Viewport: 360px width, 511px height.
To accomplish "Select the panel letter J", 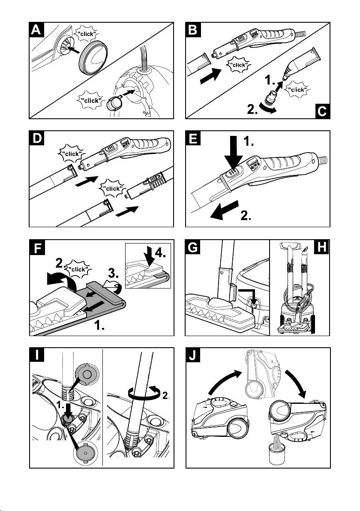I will pyautogui.click(x=194, y=355).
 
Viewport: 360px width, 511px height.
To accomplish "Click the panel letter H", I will pyautogui.click(x=323, y=247).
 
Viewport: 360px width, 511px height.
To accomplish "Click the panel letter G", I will pyautogui.click(x=194, y=247).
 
